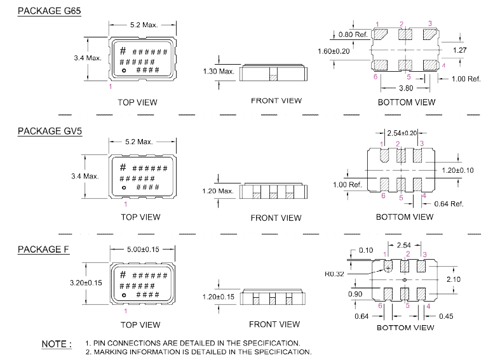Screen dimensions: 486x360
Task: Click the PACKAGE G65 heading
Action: [x=50, y=11]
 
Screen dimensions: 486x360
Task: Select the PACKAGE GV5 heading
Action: [x=50, y=131]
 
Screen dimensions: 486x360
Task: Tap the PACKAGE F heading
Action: [x=43, y=250]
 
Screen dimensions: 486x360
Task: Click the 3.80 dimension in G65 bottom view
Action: [x=406, y=88]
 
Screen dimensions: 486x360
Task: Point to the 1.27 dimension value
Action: [x=460, y=50]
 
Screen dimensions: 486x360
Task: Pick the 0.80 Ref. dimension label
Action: [x=353, y=34]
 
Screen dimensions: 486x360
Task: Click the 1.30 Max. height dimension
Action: [x=219, y=72]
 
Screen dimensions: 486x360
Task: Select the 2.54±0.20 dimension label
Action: [x=402, y=133]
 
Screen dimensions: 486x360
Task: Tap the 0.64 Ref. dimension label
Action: [x=449, y=204]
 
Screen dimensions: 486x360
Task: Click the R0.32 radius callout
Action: [x=334, y=274]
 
